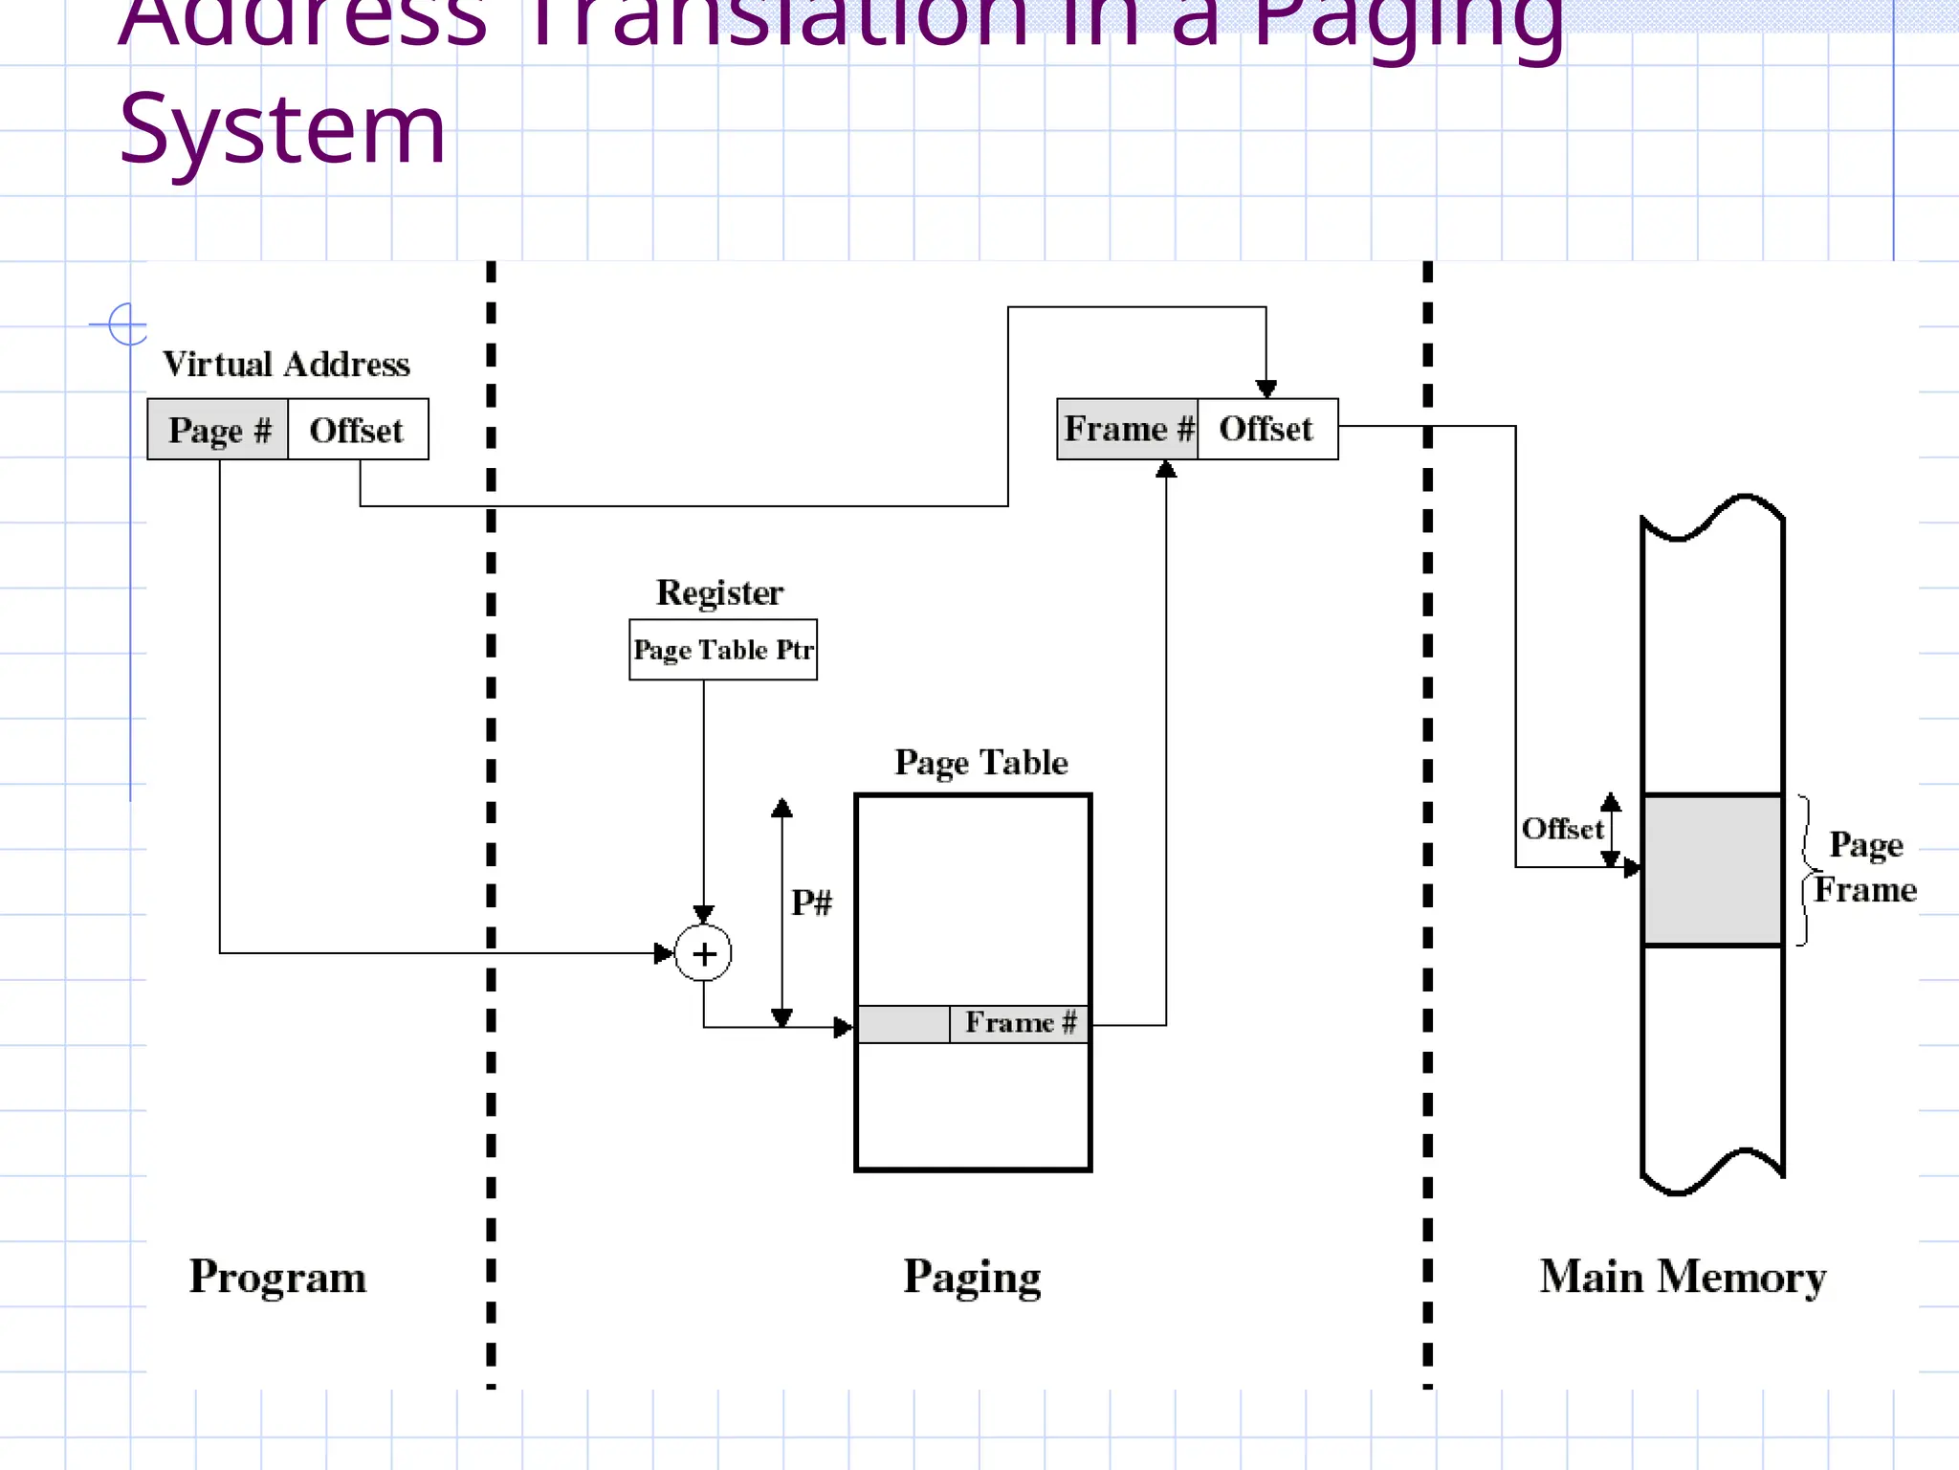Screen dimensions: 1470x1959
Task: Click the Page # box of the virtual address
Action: (x=218, y=430)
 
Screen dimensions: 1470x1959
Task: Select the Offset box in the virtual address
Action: (x=358, y=430)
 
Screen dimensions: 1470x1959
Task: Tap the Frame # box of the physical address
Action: (x=1128, y=429)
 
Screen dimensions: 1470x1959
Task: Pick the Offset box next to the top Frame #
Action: (x=1266, y=429)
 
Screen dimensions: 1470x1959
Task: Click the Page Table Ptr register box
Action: (x=723, y=650)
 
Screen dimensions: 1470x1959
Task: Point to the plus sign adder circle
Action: (x=704, y=954)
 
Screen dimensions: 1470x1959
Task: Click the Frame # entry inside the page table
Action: (x=1020, y=1023)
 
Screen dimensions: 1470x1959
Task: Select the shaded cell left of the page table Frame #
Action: (x=904, y=1024)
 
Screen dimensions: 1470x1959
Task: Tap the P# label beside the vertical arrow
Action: (x=812, y=902)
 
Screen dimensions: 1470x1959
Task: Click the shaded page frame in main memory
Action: (x=1712, y=870)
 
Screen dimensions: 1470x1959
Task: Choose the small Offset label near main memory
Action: (x=1562, y=829)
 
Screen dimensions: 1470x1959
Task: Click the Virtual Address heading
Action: (x=286, y=365)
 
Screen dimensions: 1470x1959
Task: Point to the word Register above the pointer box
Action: (x=719, y=592)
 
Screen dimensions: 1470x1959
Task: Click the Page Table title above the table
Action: (x=981, y=763)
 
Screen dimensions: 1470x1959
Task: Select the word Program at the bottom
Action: (x=277, y=1278)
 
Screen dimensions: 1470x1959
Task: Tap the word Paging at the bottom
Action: (x=972, y=1278)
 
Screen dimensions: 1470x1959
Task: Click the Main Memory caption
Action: (x=1683, y=1278)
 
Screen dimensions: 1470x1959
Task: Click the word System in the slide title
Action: (x=283, y=129)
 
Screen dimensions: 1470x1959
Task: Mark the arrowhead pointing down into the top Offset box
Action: (x=1266, y=389)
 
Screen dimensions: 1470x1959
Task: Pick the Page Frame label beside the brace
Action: (x=1865, y=868)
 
